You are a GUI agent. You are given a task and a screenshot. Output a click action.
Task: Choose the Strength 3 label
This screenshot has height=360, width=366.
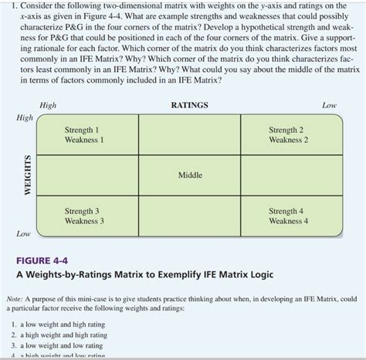tap(81, 210)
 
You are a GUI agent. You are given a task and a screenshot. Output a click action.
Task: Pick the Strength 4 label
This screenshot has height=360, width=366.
tap(286, 210)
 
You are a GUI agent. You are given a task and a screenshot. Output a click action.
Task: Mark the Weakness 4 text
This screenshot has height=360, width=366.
tap(288, 220)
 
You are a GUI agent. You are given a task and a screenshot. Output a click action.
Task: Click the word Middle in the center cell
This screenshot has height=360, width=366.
tap(190, 175)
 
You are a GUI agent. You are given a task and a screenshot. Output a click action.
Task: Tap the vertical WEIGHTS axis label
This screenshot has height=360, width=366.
tap(28, 176)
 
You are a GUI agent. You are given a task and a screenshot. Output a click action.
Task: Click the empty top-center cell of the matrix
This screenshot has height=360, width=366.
tap(189, 135)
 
